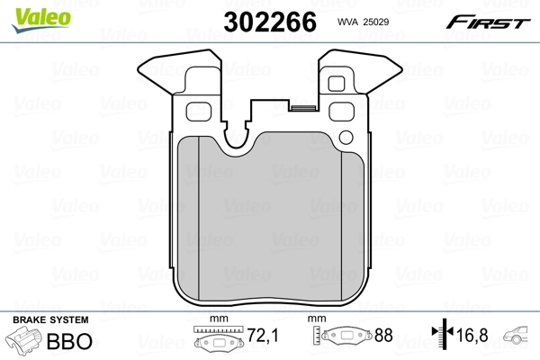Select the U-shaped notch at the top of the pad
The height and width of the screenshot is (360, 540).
click(x=238, y=136)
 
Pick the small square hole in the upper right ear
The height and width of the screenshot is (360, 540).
click(x=340, y=85)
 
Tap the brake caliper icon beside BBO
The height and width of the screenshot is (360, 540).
click(x=24, y=342)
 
